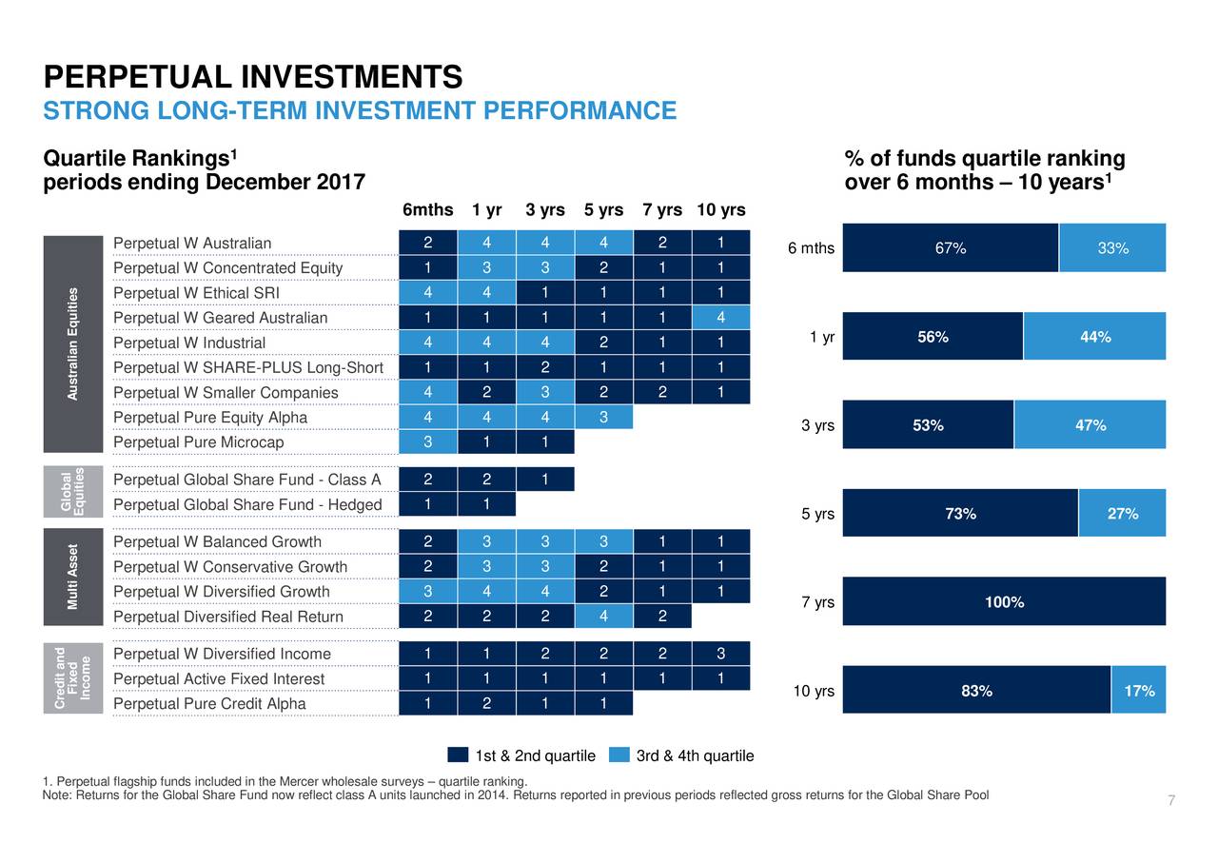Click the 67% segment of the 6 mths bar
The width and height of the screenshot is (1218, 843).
pyautogui.click(x=950, y=248)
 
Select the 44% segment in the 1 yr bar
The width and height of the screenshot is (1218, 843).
pyautogui.click(x=1094, y=337)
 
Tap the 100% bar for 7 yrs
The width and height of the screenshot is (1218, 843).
pyautogui.click(x=1004, y=602)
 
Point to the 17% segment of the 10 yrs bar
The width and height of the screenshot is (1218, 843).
pyautogui.click(x=1138, y=691)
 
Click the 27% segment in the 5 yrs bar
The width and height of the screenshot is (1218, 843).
pyautogui.click(x=1122, y=514)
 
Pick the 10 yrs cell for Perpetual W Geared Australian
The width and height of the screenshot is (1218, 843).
pyautogui.click(x=720, y=318)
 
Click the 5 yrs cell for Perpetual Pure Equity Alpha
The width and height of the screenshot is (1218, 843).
pyautogui.click(x=603, y=417)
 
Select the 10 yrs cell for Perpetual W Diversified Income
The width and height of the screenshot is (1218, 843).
pyautogui.click(x=720, y=654)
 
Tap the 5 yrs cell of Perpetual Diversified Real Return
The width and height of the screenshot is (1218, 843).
pyautogui.click(x=603, y=617)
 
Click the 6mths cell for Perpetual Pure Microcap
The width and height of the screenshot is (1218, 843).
pyautogui.click(x=427, y=441)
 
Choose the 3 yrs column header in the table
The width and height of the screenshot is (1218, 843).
pyautogui.click(x=544, y=210)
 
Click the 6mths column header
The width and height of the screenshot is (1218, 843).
pyautogui.click(x=427, y=210)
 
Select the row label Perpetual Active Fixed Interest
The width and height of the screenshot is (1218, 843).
pyautogui.click(x=219, y=678)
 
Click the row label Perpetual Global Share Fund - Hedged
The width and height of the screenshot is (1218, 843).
pyautogui.click(x=246, y=504)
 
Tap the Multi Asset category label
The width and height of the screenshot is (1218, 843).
pyautogui.click(x=72, y=578)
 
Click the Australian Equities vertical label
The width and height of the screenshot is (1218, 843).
pyautogui.click(x=72, y=343)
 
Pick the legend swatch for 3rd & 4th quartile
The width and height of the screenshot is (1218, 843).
pyautogui.click(x=619, y=755)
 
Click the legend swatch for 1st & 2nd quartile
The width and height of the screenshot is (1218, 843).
pyautogui.click(x=458, y=755)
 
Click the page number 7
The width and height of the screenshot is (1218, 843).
pyautogui.click(x=1171, y=801)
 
